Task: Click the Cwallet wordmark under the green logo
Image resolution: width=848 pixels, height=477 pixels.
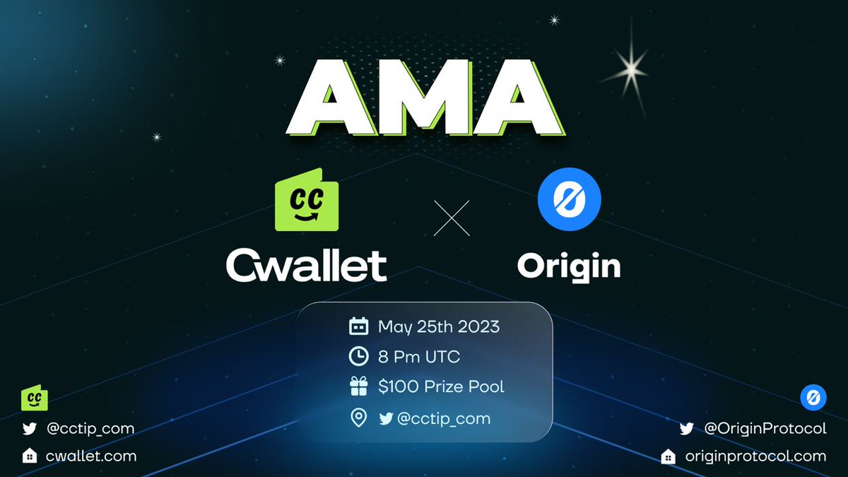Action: click(x=306, y=266)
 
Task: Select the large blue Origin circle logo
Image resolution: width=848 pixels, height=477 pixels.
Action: click(x=569, y=199)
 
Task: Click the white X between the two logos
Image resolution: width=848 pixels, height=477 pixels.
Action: click(x=451, y=218)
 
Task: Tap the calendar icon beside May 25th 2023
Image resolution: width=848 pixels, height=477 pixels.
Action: click(x=359, y=326)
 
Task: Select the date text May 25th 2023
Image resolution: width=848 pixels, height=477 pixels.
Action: click(x=438, y=326)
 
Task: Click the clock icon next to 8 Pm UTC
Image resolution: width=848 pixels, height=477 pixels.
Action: click(x=359, y=357)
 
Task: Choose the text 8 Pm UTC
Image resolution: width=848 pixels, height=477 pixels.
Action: click(x=418, y=357)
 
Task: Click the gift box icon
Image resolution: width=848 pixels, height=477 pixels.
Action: click(x=359, y=387)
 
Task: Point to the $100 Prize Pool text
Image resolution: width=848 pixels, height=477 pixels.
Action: click(x=441, y=387)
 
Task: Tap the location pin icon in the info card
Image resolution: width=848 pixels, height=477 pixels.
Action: click(x=359, y=418)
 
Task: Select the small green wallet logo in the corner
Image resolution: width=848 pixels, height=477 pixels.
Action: click(x=34, y=399)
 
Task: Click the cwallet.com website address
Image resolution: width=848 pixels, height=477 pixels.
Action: click(x=90, y=456)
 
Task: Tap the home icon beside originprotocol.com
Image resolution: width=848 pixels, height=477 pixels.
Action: click(x=668, y=457)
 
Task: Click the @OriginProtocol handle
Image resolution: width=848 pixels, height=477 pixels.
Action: click(x=765, y=428)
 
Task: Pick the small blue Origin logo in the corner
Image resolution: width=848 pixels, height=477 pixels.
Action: click(x=813, y=398)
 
